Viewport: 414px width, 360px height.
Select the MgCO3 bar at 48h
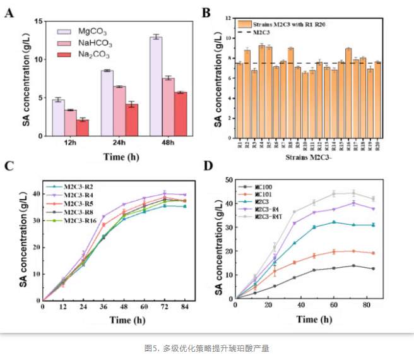156,86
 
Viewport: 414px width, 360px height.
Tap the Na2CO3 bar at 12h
82,128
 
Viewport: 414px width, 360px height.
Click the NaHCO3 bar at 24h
119,111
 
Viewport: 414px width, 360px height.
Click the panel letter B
222,12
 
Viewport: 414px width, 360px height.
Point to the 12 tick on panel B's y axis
230,19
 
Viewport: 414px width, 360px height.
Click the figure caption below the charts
206,347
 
